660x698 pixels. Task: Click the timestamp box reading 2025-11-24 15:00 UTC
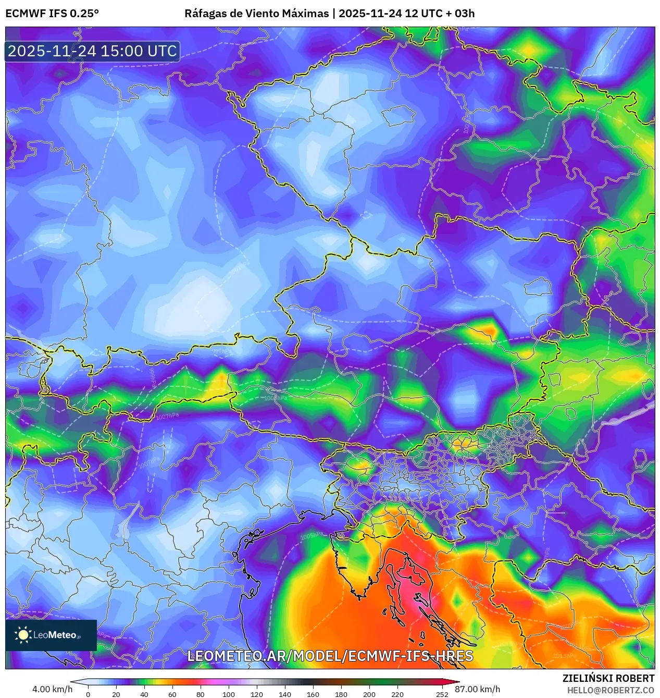point(92,52)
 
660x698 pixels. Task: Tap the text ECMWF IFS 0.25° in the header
point(52,14)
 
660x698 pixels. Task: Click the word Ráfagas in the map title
point(205,14)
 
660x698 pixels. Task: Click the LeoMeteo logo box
point(51,635)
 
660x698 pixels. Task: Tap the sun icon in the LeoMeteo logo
point(23,635)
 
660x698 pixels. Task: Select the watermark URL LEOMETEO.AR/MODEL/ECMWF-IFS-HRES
point(330,656)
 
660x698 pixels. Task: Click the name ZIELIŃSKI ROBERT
point(608,678)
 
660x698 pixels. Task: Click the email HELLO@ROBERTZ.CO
point(611,690)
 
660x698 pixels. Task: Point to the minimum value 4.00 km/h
point(52,689)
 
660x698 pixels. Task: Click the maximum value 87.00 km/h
point(477,689)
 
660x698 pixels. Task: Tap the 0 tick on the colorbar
point(88,694)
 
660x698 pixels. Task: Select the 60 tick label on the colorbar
point(172,694)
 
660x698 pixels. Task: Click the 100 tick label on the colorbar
point(229,694)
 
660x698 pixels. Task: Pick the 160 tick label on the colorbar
point(313,694)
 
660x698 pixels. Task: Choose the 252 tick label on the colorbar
point(442,694)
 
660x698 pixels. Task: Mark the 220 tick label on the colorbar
point(397,694)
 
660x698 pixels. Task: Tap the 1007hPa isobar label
point(167,416)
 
